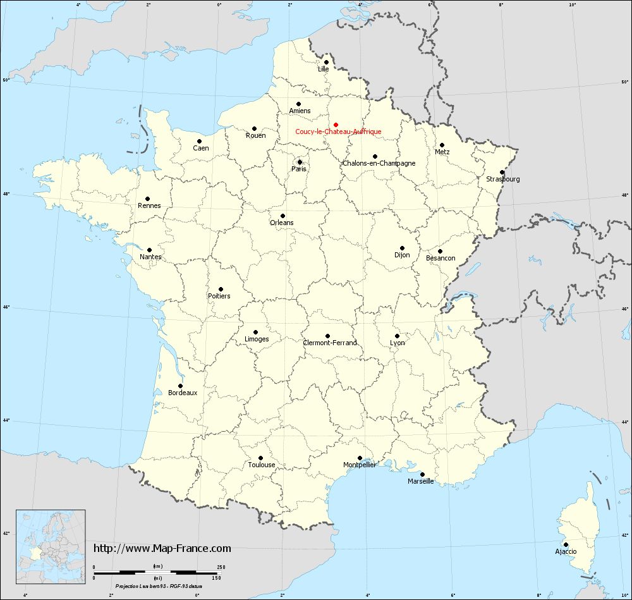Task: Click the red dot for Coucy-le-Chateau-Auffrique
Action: (336, 125)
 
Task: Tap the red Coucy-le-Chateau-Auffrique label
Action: (338, 132)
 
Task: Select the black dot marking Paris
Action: (300, 162)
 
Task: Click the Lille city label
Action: (324, 69)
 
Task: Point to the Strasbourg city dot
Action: (502, 172)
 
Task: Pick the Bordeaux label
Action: (183, 393)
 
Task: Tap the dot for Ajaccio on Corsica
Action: (566, 544)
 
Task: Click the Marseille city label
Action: (420, 481)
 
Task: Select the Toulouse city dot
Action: (260, 458)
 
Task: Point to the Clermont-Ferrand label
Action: (330, 343)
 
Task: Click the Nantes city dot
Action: (150, 250)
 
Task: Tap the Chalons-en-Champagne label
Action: (379, 163)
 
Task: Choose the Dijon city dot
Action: (402, 248)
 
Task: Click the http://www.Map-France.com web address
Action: (162, 548)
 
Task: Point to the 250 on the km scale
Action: (221, 567)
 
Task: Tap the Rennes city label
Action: (149, 205)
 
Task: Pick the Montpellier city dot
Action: (360, 458)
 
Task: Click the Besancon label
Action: (441, 258)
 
